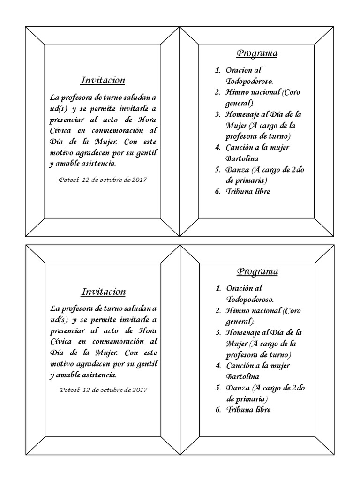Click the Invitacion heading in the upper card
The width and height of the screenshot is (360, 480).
[x=103, y=80]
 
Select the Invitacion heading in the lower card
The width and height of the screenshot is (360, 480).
[x=104, y=292]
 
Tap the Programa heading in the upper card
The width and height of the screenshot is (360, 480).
[x=257, y=53]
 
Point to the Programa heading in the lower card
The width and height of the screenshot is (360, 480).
[x=257, y=271]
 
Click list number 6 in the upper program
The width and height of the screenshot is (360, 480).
[x=217, y=191]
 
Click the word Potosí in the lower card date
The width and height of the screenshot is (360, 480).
[x=70, y=390]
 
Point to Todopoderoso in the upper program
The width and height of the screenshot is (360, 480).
[x=250, y=81]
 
